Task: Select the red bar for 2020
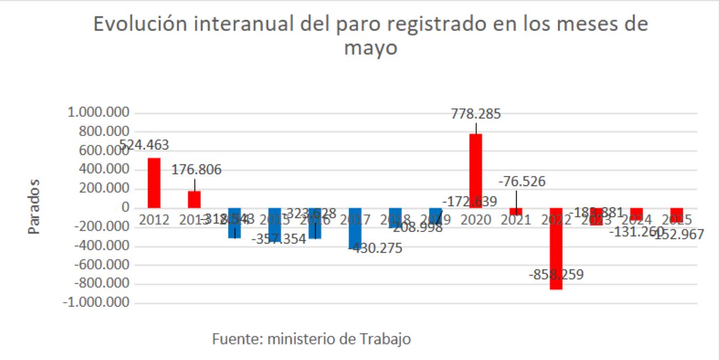[476, 170]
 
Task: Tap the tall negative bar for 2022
[556, 249]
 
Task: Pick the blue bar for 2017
[355, 228]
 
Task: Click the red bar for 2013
[194, 199]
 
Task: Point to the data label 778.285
[476, 114]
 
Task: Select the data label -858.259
[556, 274]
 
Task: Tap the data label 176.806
[196, 169]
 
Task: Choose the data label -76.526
[522, 181]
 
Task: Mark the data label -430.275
[376, 248]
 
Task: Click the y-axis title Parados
[35, 206]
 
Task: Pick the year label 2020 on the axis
[476, 220]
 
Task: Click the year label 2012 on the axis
[154, 220]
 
